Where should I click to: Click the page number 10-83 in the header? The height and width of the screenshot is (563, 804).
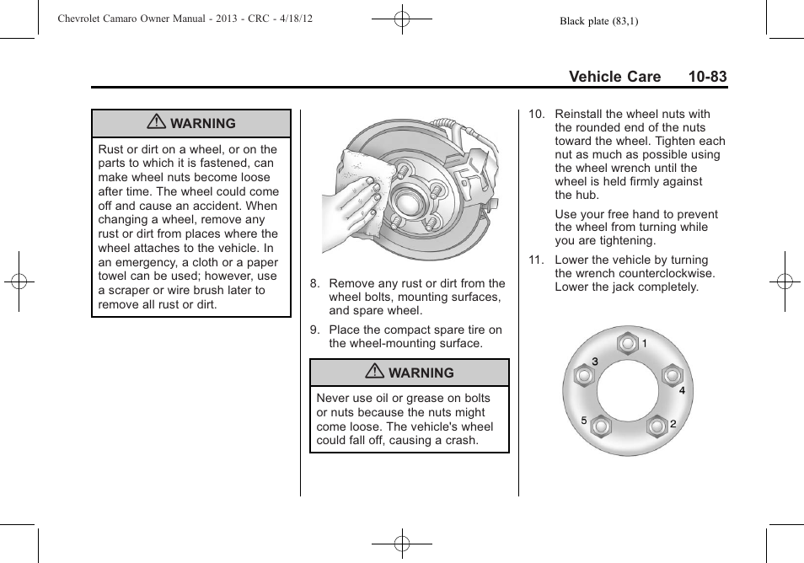pos(706,77)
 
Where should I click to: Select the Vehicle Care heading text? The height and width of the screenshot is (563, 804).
pos(614,77)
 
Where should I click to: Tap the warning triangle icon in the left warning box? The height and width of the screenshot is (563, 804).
pos(156,123)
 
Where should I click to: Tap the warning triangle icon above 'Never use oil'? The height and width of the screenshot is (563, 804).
pos(374,373)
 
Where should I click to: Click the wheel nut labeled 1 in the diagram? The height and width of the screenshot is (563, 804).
pos(627,344)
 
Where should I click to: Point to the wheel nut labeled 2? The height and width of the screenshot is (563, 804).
pos(657,426)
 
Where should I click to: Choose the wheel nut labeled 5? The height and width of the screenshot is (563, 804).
pos(600,426)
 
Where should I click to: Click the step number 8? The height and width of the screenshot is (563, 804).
pos(314,284)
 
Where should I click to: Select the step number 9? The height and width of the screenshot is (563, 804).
pos(314,330)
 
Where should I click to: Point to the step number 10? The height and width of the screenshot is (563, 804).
pos(536,115)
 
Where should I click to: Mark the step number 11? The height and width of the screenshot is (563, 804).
pos(536,260)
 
